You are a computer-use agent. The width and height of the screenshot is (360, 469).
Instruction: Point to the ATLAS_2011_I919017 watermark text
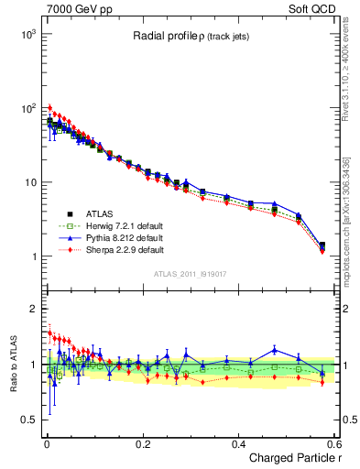190,274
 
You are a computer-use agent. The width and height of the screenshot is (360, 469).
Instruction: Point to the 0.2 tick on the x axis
142,442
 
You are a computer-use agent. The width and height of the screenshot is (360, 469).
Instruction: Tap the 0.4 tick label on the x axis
238,442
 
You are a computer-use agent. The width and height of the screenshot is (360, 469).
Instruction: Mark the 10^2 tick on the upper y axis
27,108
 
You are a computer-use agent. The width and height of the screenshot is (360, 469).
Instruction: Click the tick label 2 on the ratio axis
32,309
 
